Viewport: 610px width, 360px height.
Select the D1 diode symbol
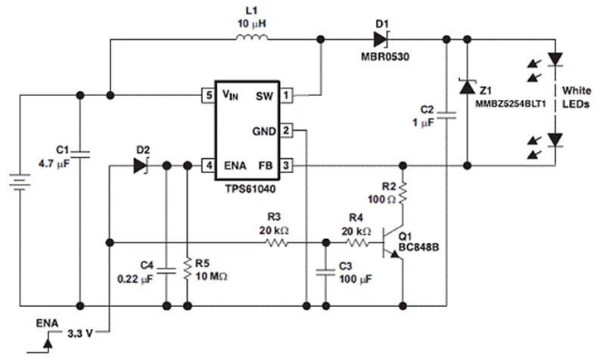(x=380, y=38)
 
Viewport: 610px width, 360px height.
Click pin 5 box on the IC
(x=207, y=95)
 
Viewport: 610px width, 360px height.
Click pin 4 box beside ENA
(x=207, y=165)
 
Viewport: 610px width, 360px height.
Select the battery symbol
(x=17, y=185)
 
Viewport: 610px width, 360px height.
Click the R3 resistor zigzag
(x=278, y=244)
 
